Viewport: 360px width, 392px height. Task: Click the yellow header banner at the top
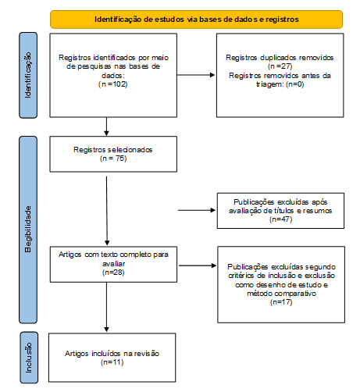coord(196,20)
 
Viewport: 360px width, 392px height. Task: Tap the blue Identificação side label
coord(28,75)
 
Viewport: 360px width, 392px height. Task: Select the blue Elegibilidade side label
coord(28,230)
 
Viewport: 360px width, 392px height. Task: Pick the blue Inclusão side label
coord(29,358)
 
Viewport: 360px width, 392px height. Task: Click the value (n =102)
coord(113,84)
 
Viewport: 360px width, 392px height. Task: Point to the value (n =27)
coord(280,66)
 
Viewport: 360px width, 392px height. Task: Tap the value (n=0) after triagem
coord(295,84)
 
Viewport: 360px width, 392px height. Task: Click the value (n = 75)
coord(113,159)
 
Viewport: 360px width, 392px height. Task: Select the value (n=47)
coord(281,219)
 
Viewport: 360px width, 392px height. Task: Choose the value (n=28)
coord(113,273)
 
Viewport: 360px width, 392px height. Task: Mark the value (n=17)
coord(281,302)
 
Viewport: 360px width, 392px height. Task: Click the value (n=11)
coord(112,362)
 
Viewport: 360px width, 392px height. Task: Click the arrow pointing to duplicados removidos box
coord(196,75)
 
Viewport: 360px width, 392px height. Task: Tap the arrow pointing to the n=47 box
coord(197,210)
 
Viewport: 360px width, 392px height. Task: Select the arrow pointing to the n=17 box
coord(198,265)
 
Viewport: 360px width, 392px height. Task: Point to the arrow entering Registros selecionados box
coord(106,127)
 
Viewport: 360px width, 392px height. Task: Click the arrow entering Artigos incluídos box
coord(106,307)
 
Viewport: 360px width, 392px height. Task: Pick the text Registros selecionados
coord(113,150)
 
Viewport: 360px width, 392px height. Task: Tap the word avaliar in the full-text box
coord(114,264)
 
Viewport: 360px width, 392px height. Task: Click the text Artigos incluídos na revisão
coord(112,354)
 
